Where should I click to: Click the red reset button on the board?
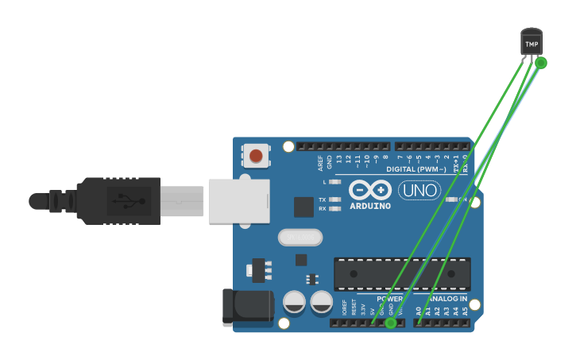coord(256,156)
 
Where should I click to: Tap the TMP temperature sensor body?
coord(532,43)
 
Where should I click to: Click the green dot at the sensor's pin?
coord(541,63)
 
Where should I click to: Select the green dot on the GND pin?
coord(391,323)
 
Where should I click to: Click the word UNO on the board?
coord(419,191)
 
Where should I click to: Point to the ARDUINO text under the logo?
coord(370,207)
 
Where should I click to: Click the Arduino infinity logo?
coord(370,191)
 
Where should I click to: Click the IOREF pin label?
coord(344,308)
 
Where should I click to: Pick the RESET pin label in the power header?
coord(354,308)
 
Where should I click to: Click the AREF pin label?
coord(320,163)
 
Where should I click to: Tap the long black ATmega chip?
coord(402,273)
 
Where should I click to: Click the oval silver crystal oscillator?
coord(300,237)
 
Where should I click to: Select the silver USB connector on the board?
coord(239,201)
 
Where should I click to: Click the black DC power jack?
coord(247,308)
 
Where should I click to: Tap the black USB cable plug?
coord(119,201)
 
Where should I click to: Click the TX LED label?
coord(322,199)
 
